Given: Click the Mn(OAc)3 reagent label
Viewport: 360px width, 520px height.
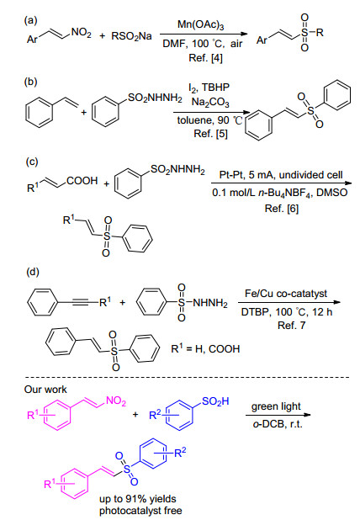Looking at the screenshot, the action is click(200, 25).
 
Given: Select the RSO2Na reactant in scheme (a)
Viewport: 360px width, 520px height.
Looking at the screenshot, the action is click(131, 36).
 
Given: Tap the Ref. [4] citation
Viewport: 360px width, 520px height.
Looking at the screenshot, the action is click(205, 58).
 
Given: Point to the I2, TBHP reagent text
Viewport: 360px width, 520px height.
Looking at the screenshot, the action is click(209, 88).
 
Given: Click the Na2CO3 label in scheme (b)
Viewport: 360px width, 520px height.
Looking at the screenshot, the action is click(210, 103).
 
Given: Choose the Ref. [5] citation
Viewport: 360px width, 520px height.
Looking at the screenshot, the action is click(210, 134).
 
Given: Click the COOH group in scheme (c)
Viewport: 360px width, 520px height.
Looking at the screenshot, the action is click(82, 181).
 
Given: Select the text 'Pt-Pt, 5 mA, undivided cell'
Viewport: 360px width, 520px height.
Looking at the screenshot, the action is click(281, 175).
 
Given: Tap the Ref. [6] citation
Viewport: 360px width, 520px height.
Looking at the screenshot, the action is click(282, 209).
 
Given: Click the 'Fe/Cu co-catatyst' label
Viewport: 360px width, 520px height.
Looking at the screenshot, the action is click(286, 294).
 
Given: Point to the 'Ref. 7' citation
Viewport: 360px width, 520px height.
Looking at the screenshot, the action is click(291, 326).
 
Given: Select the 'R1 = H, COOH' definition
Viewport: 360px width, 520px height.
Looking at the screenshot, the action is click(205, 348).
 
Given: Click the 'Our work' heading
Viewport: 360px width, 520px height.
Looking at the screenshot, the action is click(45, 390).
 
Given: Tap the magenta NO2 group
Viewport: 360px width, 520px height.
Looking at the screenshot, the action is click(116, 401).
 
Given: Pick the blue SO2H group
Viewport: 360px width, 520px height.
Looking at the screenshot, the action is click(215, 401).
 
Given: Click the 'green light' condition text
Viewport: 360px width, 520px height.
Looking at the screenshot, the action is click(276, 406).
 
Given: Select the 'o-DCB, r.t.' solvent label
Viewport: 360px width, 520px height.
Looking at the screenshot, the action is click(278, 424).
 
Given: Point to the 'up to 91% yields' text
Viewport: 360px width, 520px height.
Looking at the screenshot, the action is click(138, 499).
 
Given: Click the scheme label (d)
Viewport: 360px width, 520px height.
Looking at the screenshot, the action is click(32, 273).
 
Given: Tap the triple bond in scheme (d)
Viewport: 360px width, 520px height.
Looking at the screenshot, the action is click(78, 302).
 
